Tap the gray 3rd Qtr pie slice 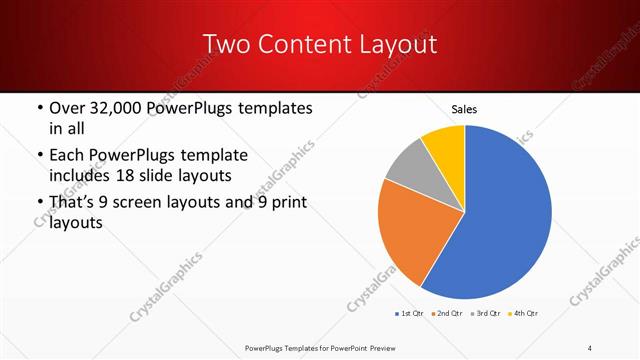(411, 170)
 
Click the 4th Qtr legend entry (523, 314)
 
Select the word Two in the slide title (228, 44)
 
